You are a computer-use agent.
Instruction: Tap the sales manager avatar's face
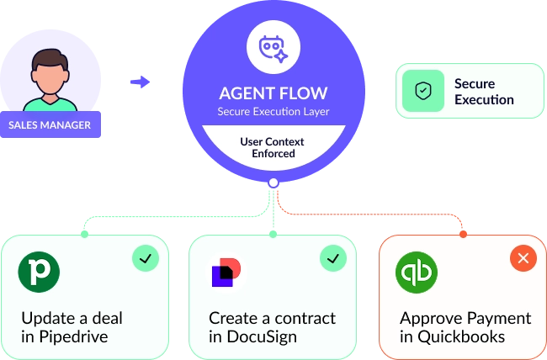(x=50, y=74)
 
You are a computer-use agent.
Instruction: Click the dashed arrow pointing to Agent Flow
(x=141, y=82)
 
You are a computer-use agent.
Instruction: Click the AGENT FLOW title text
(x=273, y=93)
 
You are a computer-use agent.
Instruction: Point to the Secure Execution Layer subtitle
(x=273, y=111)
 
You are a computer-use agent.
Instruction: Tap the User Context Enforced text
(x=273, y=147)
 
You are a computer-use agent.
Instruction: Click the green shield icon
(x=423, y=92)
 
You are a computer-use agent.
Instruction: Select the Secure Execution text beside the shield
(x=484, y=92)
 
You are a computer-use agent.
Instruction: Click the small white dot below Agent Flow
(x=273, y=183)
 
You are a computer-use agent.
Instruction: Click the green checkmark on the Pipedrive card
(x=146, y=258)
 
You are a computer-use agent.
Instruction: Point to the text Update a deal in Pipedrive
(x=72, y=328)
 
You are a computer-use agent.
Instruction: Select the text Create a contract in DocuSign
(x=272, y=328)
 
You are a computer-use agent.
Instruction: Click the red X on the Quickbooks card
(x=523, y=258)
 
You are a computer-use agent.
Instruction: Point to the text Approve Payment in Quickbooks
(x=465, y=328)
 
